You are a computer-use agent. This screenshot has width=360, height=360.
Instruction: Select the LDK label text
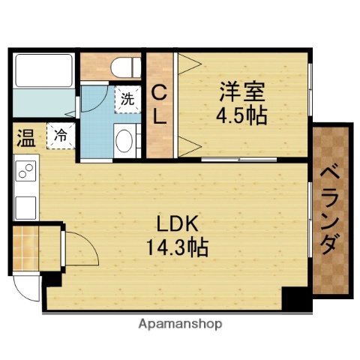[178, 223]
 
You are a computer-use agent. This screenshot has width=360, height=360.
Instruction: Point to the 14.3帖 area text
[178, 245]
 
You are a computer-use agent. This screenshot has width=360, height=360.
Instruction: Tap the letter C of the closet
[159, 93]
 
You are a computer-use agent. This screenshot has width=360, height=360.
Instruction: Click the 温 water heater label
[25, 138]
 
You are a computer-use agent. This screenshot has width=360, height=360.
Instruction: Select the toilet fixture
[121, 66]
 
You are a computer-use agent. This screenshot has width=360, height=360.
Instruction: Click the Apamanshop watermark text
[180, 325]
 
